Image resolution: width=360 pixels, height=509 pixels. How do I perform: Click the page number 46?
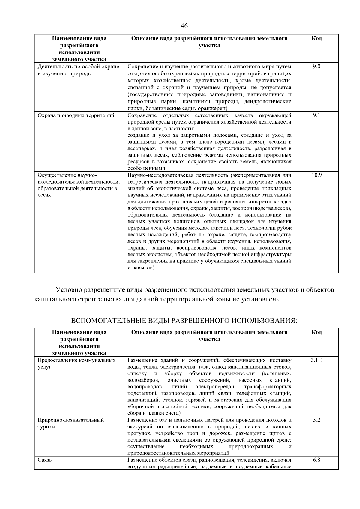coord(184,26)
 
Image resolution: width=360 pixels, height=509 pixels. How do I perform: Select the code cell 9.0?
coord(316,67)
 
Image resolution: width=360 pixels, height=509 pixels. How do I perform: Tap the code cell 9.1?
coord(316,115)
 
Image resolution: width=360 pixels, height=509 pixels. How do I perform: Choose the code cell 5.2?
coord(316,420)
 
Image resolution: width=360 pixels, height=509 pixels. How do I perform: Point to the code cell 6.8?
coord(316,460)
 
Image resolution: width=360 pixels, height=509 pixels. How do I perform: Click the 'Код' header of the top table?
coord(316,39)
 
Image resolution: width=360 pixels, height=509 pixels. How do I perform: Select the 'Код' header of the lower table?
coord(316,332)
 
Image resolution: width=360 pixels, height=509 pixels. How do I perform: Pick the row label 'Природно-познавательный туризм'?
coord(71,423)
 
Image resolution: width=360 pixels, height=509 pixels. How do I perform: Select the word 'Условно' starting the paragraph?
coord(69,290)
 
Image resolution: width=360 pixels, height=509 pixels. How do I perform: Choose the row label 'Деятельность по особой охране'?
coord(78,67)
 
